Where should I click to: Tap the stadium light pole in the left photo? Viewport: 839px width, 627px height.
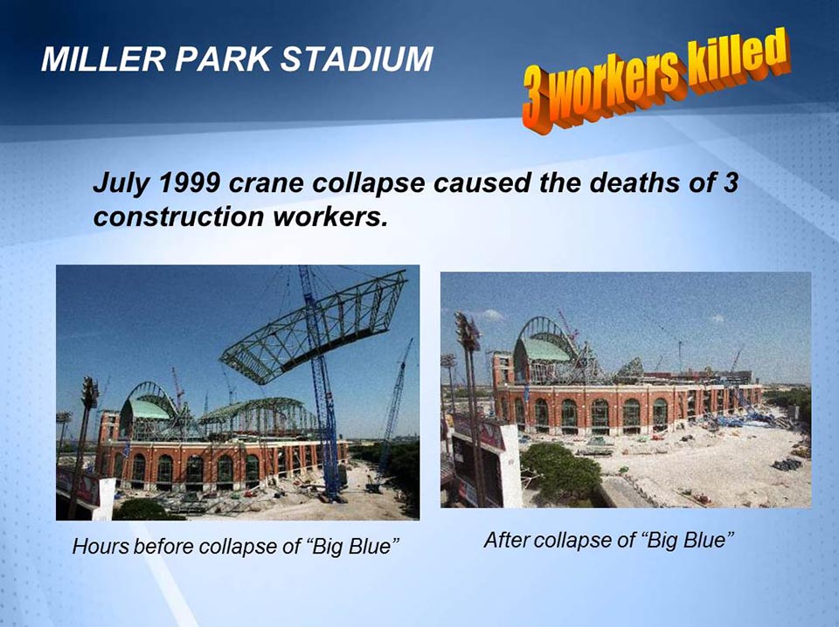pos(87,419)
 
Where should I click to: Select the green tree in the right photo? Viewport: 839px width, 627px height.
pos(559,472)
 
